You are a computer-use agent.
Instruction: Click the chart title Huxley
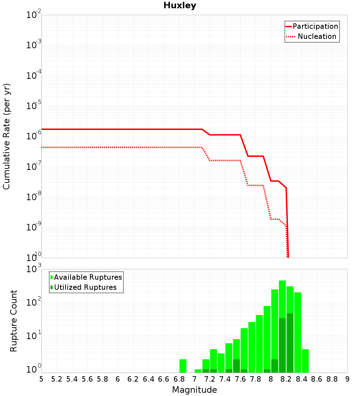point(180,5)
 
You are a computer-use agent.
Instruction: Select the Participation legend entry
point(312,26)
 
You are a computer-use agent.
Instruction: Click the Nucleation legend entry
point(311,36)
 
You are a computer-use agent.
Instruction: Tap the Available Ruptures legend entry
point(86,277)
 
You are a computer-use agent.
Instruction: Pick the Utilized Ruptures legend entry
point(84,287)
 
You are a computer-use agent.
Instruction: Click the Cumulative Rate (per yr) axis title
point(6,136)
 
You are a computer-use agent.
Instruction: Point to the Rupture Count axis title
point(13,321)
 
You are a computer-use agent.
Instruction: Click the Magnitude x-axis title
point(194,390)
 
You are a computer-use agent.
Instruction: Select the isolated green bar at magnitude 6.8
point(183,366)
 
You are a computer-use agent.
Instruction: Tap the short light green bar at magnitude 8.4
point(305,361)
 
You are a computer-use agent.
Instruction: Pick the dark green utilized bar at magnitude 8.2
point(290,343)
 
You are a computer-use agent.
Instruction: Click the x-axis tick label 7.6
point(240,379)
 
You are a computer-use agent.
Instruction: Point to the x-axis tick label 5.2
point(57,379)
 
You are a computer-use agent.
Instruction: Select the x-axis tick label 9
point(347,379)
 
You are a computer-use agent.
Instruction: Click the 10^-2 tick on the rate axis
point(33,14)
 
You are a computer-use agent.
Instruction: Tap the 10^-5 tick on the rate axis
point(33,105)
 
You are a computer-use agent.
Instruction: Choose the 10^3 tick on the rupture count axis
point(33,269)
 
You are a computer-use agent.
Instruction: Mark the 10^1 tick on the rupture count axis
point(33,336)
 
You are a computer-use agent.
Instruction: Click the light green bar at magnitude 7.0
point(198,371)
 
